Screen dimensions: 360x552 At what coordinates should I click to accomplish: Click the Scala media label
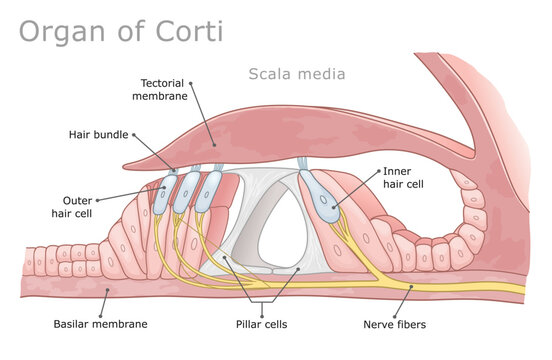[296, 73]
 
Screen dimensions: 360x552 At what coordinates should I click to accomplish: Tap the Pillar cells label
[261, 324]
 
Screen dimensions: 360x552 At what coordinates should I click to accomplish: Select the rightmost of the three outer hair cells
[211, 190]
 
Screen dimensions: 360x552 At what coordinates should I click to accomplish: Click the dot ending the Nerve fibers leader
[412, 288]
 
